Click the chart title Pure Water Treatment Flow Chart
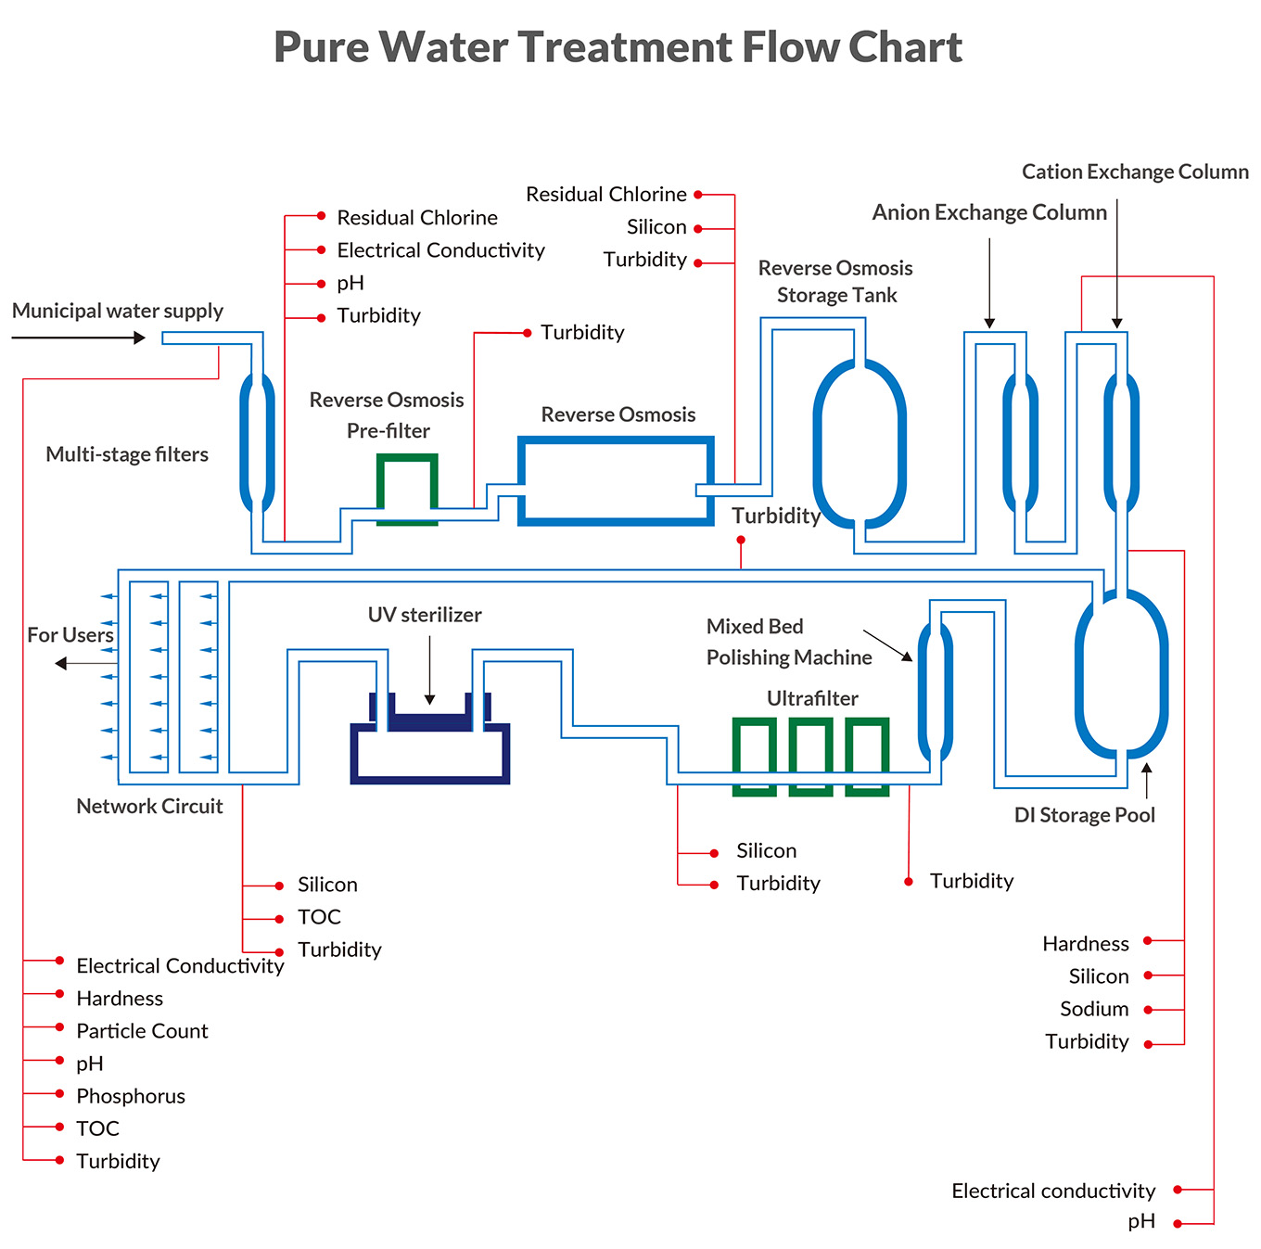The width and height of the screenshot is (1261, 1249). [x=618, y=47]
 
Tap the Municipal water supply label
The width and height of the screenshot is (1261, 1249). [x=118, y=311]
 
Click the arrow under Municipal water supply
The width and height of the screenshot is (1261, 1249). [x=79, y=338]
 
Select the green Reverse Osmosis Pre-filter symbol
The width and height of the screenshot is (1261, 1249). [x=407, y=488]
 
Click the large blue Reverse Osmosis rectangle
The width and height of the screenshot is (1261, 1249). [x=616, y=480]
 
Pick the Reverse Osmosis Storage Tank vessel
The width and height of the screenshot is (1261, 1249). [x=860, y=443]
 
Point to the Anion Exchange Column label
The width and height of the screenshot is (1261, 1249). [x=989, y=212]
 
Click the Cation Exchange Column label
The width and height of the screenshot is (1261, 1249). [x=1135, y=172]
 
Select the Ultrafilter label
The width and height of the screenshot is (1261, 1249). [x=812, y=698]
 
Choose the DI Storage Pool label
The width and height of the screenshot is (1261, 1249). [x=1085, y=815]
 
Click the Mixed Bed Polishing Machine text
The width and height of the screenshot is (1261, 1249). [x=789, y=642]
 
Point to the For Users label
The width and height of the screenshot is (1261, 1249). [x=70, y=635]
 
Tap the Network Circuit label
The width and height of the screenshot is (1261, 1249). [x=149, y=806]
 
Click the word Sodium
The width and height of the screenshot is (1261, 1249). [x=1094, y=1009]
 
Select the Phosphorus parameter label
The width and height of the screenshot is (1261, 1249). [x=131, y=1096]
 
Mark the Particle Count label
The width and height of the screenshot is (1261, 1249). [x=142, y=1031]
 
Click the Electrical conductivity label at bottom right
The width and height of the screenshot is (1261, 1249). [x=1053, y=1191]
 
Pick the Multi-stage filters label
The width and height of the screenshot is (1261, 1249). [x=127, y=454]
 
